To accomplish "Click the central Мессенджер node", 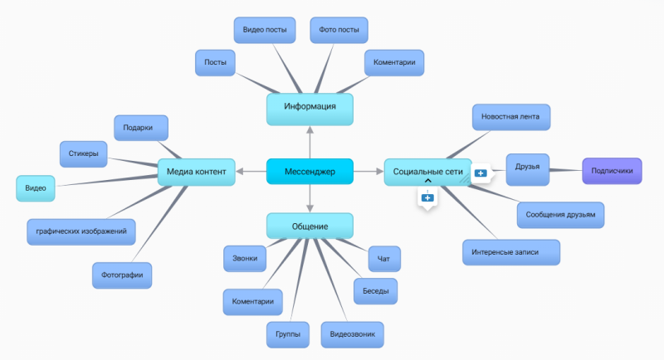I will pyautogui.click(x=310, y=172).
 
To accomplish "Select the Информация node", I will pyautogui.click(x=310, y=107).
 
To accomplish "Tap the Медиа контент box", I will pyautogui.click(x=196, y=172).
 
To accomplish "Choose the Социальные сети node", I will pyautogui.click(x=427, y=172).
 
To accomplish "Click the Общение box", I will pyautogui.click(x=310, y=226).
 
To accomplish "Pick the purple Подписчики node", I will pyautogui.click(x=613, y=172).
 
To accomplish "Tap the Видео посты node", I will pyautogui.click(x=265, y=31).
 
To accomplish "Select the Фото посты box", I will pyautogui.click(x=339, y=31).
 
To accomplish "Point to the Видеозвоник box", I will pyautogui.click(x=352, y=334).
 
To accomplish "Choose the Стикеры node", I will pyautogui.click(x=83, y=153).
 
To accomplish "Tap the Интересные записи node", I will pyautogui.click(x=510, y=252).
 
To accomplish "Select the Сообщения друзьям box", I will pyautogui.click(x=560, y=215).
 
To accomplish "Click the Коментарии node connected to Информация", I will pyautogui.click(x=394, y=63).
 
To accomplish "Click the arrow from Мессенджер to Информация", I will pyautogui.click(x=310, y=141).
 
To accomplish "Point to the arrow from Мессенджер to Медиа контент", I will pyautogui.click(x=251, y=172).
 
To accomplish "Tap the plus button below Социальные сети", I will pyautogui.click(x=427, y=198).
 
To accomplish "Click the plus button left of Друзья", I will pyautogui.click(x=481, y=173).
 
